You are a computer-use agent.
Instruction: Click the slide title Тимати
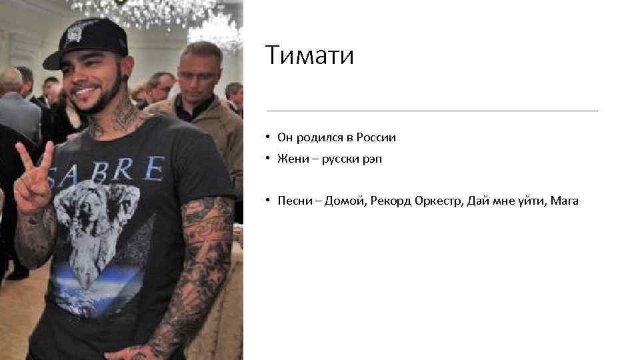309,55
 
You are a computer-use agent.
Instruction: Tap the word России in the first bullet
376,138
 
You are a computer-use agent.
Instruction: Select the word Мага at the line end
564,201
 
